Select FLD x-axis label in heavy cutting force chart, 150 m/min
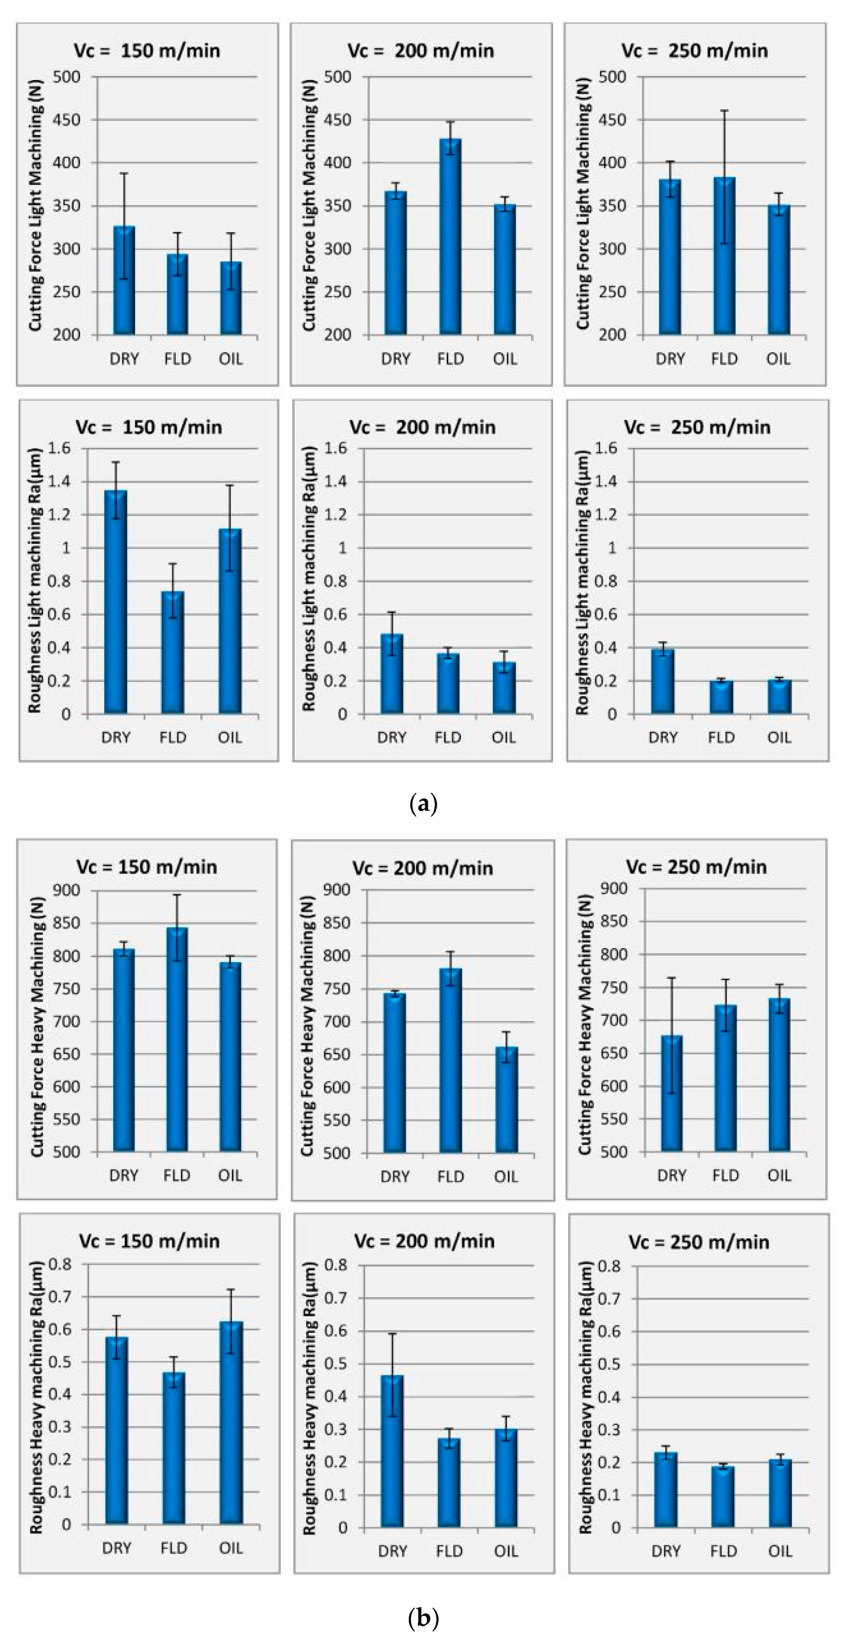click(177, 1175)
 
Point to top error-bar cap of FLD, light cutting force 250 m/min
click(724, 111)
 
